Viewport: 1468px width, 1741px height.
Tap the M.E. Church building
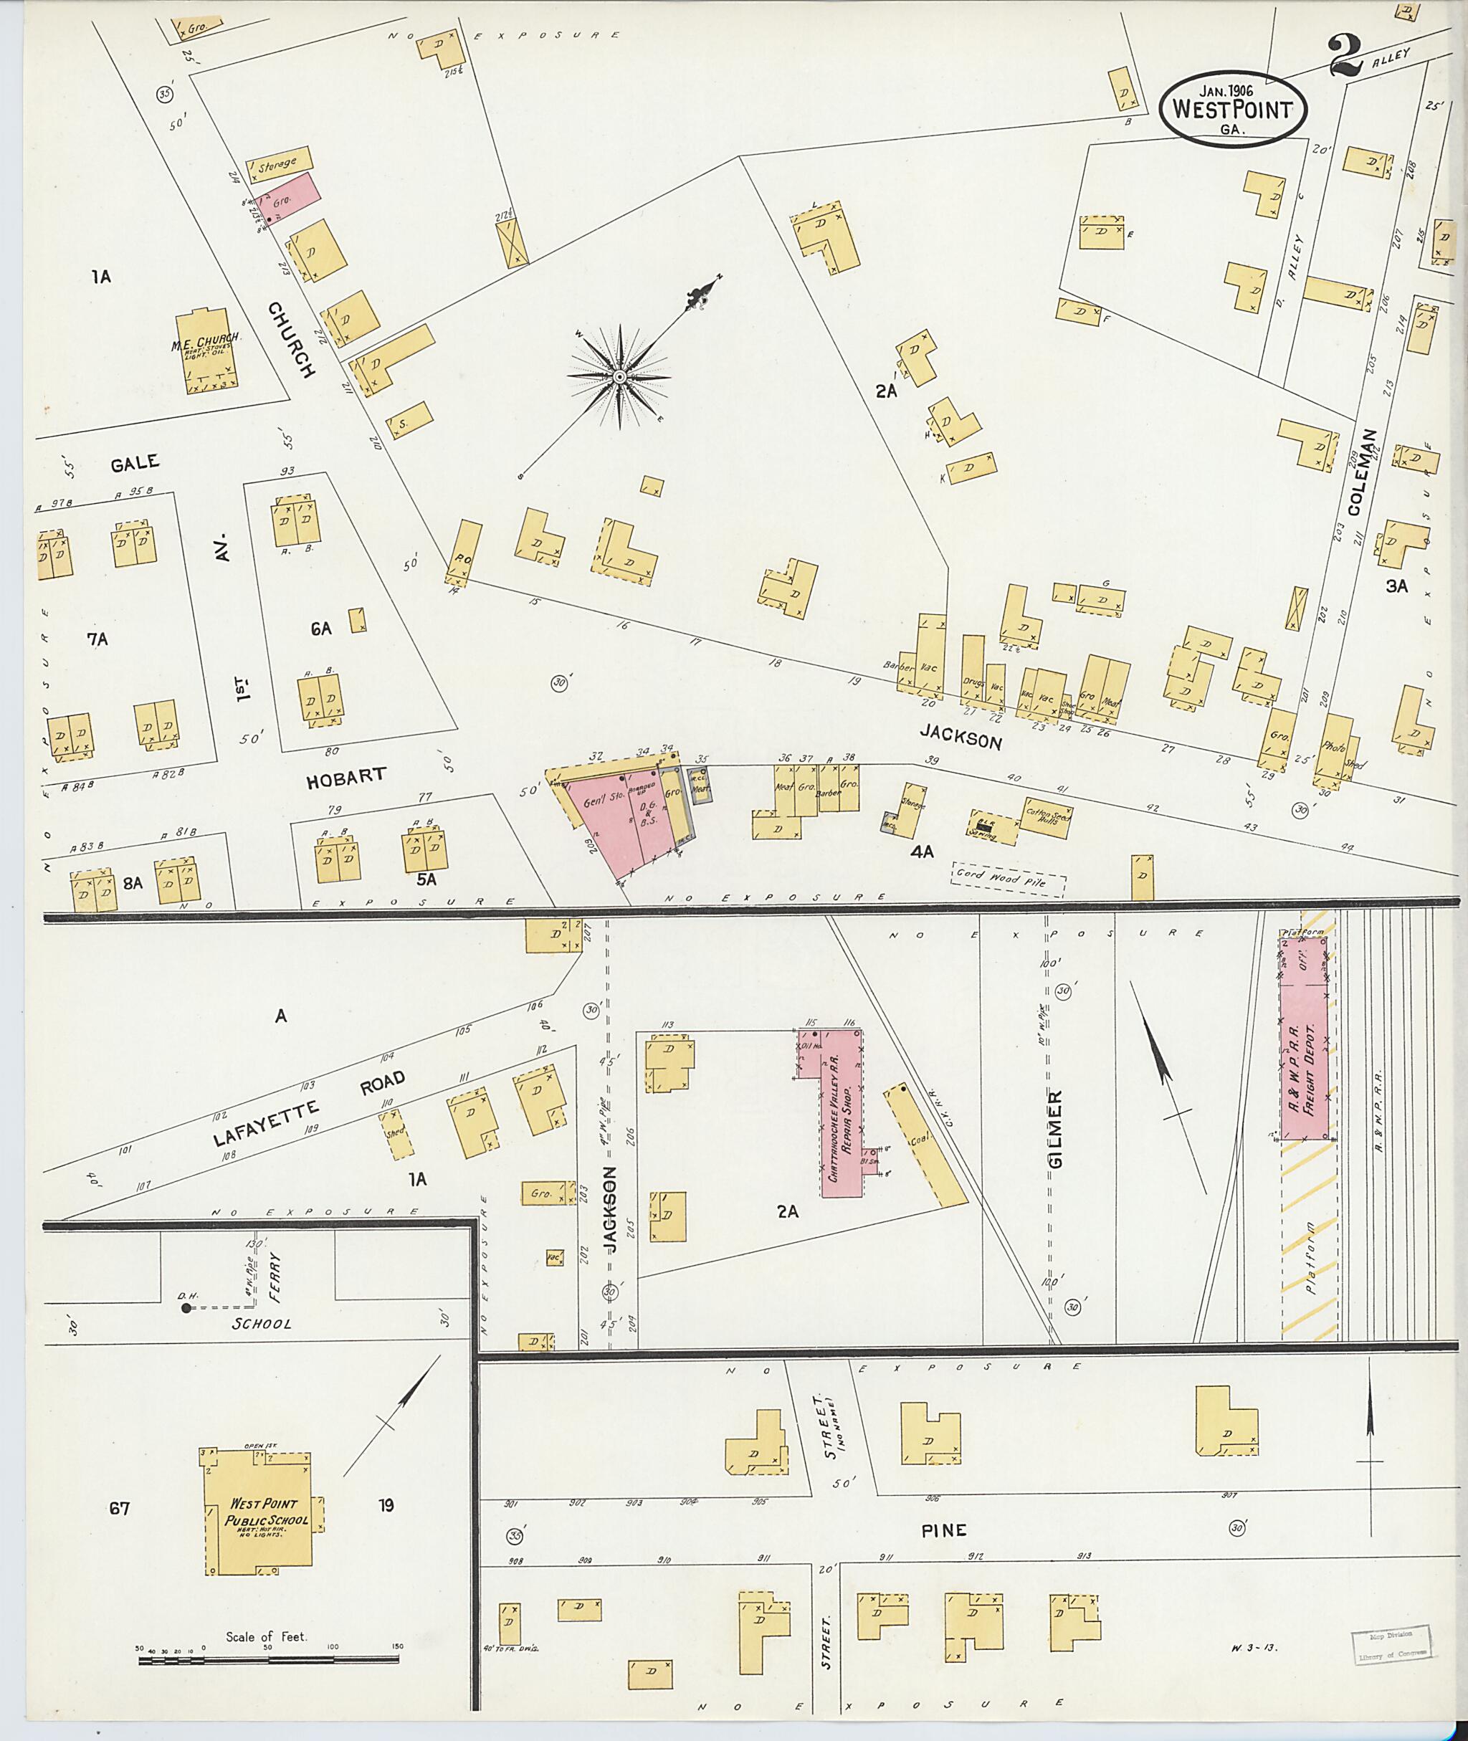click(207, 352)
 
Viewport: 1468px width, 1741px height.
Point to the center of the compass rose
click(619, 378)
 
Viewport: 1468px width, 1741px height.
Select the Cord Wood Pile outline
click(1008, 879)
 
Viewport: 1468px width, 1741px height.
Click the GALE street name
click(135, 464)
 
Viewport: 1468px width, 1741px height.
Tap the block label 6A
click(320, 629)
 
